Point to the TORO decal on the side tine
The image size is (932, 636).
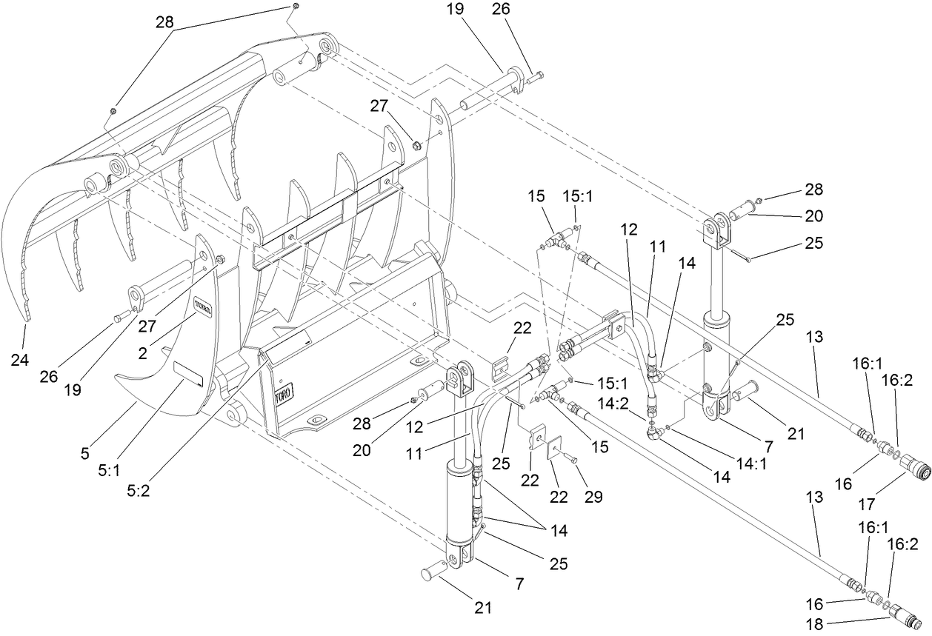pos(203,305)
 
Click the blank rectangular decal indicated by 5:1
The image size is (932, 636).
pos(187,374)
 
